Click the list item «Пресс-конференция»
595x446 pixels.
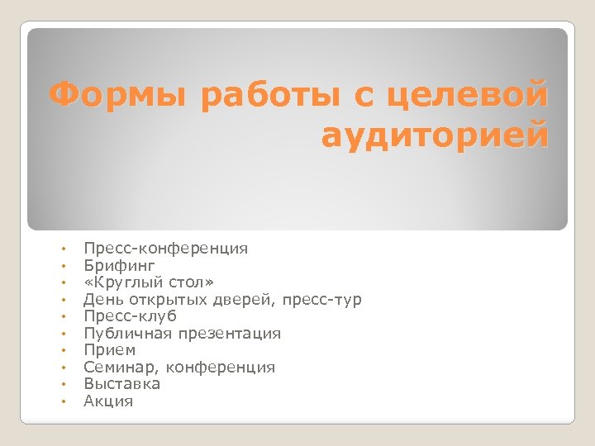click(x=166, y=248)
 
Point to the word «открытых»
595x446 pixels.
click(x=162, y=299)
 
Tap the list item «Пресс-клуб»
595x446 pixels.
click(x=131, y=316)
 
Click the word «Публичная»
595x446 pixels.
click(x=125, y=334)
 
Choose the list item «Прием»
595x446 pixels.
click(x=110, y=350)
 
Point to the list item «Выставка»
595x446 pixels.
click(x=122, y=384)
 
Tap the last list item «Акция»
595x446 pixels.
click(x=108, y=401)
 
